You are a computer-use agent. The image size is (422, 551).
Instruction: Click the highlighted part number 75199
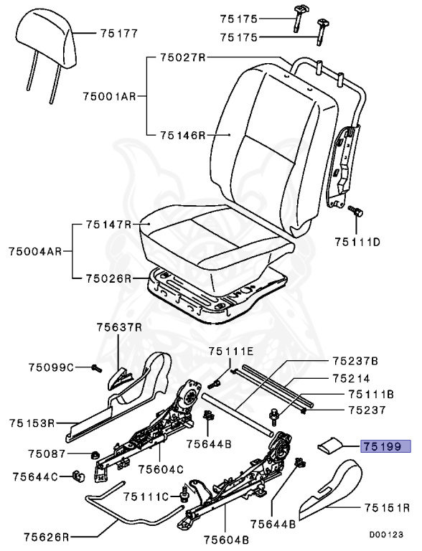pos(386,446)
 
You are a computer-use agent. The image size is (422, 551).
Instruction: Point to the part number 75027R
pos(183,58)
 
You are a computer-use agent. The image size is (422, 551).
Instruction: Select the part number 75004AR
pos(34,251)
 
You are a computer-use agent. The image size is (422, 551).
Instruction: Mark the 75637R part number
pos(120,327)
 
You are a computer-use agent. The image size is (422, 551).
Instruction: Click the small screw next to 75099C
pos(95,368)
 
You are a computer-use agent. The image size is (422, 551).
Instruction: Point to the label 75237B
pos(355,360)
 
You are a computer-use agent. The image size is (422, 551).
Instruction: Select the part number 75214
pos(351,377)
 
